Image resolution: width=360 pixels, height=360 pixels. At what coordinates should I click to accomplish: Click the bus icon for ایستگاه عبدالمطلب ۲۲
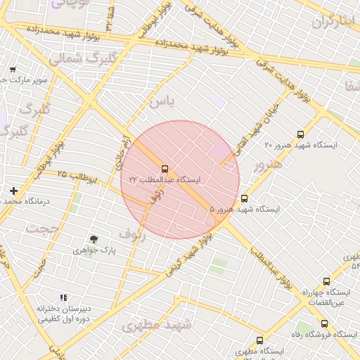point(165,169)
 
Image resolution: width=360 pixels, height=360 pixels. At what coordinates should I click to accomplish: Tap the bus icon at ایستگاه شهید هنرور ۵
point(244,198)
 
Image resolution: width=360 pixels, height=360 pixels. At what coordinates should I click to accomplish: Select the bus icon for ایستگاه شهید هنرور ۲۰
point(301,134)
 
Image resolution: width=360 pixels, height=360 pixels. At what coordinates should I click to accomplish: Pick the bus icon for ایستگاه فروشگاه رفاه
point(324,323)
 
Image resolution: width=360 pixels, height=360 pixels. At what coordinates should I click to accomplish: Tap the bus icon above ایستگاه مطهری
point(260,340)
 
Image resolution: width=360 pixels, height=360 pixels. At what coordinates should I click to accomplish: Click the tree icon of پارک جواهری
point(94,239)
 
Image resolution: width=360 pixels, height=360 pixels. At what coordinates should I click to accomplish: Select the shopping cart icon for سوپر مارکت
point(13,69)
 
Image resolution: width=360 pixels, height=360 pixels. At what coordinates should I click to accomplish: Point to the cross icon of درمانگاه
point(13,191)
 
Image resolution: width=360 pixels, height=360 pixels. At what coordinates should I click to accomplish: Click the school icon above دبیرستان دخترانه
point(63,298)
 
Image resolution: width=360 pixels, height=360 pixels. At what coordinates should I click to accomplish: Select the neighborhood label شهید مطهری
point(156,324)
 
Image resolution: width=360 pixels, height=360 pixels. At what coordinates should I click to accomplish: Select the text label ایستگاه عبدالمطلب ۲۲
point(165,180)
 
